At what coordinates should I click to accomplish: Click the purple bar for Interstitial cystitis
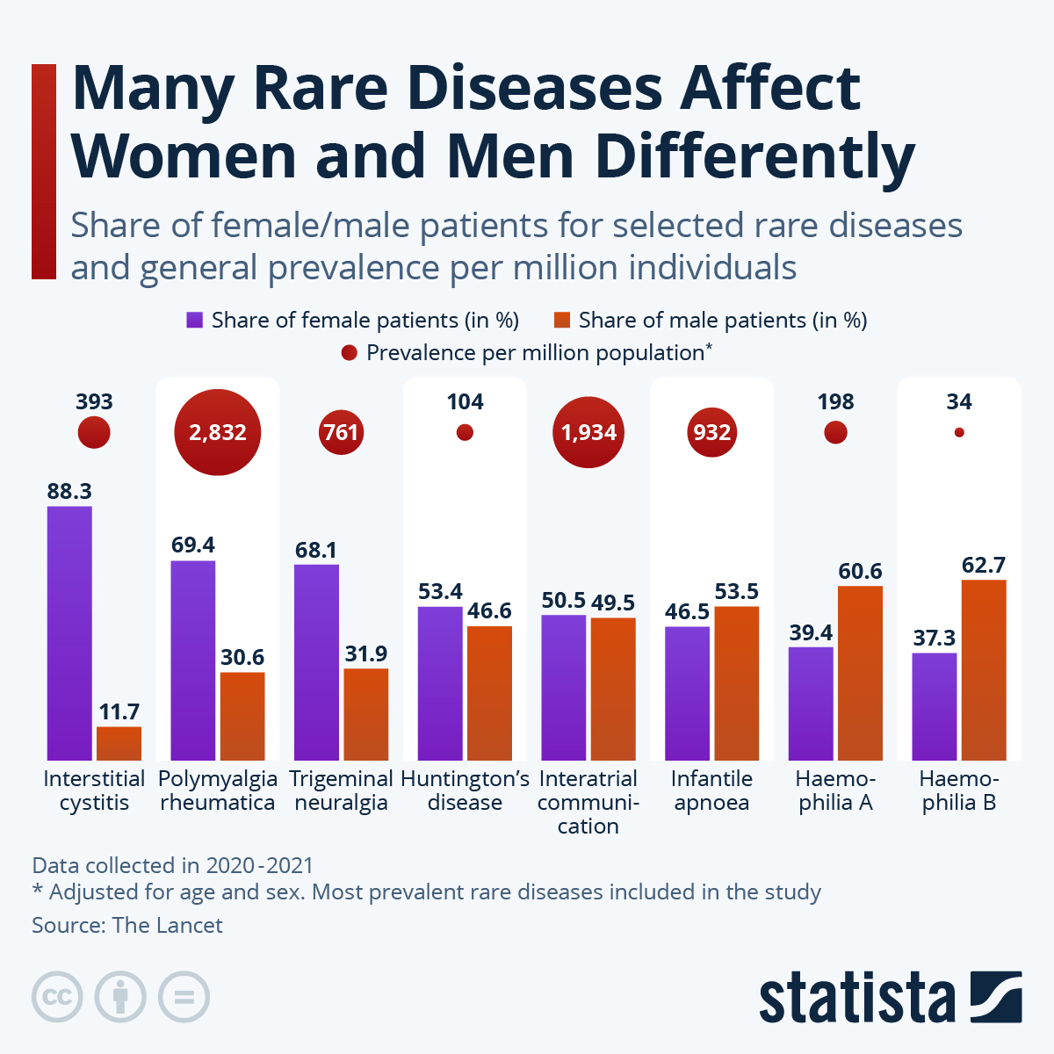69,632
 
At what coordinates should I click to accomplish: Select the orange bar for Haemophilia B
984,669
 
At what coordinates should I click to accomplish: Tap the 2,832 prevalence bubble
218,432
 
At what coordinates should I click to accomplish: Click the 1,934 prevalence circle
588,432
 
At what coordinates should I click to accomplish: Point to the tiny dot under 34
959,432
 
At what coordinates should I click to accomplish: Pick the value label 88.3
69,492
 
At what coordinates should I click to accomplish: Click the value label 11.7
119,712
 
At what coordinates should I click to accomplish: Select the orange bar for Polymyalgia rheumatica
242,716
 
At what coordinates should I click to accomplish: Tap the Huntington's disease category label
465,790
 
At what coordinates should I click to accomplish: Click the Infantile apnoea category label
711,790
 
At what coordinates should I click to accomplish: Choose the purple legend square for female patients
194,321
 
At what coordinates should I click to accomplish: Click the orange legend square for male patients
562,321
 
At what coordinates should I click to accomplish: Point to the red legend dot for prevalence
350,353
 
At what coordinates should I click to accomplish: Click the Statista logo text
856,998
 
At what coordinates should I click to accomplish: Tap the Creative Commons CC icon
58,998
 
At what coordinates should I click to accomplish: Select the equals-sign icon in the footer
184,998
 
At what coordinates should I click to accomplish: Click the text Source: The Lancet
127,926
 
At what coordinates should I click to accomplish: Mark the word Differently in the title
755,156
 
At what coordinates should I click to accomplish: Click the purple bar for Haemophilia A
811,703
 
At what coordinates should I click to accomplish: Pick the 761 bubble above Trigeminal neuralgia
341,432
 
